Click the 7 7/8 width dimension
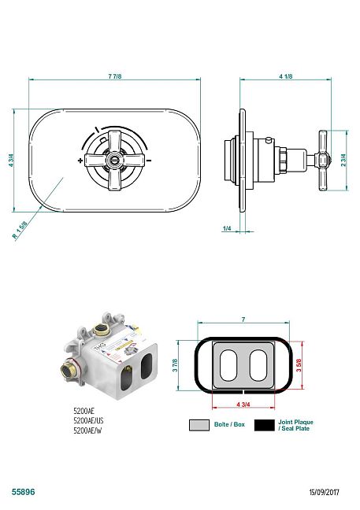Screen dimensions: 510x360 click(x=115, y=76)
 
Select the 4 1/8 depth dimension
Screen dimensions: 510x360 click(x=286, y=76)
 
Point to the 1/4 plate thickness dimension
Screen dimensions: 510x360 click(x=227, y=228)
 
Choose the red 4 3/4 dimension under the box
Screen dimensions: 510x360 click(x=243, y=405)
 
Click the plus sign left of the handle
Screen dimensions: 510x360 click(x=81, y=161)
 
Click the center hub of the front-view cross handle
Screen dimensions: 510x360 click(x=115, y=160)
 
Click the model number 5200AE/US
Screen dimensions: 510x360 click(x=88, y=420)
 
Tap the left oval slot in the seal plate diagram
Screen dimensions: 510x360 click(x=228, y=365)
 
